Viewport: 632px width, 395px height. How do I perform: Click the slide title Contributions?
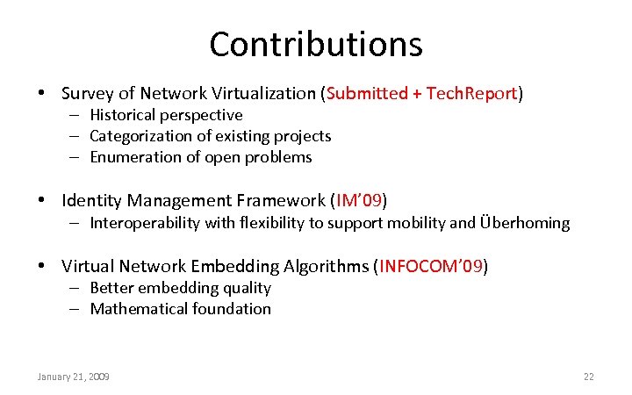pos(316,44)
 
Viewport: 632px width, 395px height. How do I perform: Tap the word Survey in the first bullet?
pos(87,93)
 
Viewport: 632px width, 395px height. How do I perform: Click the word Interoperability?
pos(145,223)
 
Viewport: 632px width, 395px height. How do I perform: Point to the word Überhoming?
pos(525,223)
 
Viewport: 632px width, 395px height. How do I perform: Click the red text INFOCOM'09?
pos(431,266)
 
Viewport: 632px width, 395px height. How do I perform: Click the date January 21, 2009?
pos(73,377)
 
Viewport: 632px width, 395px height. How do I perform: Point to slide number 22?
pos(589,377)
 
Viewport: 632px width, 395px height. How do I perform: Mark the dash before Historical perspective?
pos(76,115)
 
